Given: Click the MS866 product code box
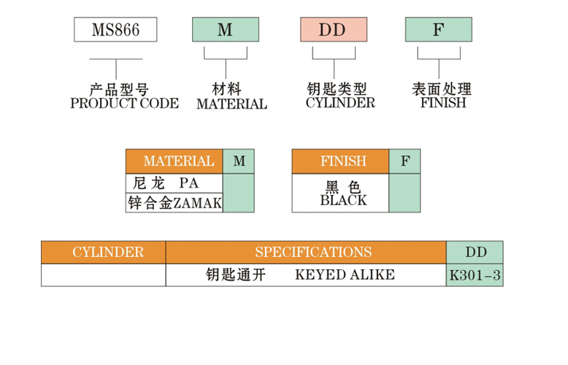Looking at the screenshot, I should [115, 30].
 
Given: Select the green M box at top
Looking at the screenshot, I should [226, 30].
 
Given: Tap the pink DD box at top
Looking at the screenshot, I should [333, 30].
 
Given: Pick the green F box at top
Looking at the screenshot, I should [438, 30].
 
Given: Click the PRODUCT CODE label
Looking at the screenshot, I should [124, 104].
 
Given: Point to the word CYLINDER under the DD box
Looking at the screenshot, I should [340, 103].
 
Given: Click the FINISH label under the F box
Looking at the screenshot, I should [443, 103].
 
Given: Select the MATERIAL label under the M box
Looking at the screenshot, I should [231, 104].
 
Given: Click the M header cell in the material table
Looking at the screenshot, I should [239, 161].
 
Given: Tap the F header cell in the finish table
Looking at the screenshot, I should [404, 161].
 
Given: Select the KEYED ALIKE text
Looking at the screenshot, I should [345, 275].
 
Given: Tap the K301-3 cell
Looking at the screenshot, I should [475, 276].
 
